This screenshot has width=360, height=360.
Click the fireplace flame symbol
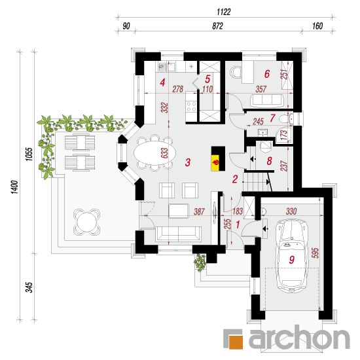pyautogui.click(x=216, y=162)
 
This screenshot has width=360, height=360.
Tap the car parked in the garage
pyautogui.click(x=291, y=256)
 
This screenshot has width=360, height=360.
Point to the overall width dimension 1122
pyautogui.click(x=223, y=12)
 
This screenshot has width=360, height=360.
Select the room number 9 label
pyautogui.click(x=291, y=260)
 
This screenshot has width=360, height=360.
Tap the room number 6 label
pyautogui.click(x=267, y=74)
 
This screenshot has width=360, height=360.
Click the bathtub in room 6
pyautogui.click(x=266, y=100)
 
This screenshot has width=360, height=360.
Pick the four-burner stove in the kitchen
pyautogui.click(x=191, y=106)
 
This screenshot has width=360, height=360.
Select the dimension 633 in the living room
pyautogui.click(x=164, y=153)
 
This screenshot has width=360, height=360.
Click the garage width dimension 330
pyautogui.click(x=291, y=211)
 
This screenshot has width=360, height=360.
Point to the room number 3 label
pyautogui.click(x=188, y=162)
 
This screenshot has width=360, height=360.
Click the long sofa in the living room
pyautogui.click(x=179, y=234)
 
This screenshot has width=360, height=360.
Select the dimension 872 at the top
pyautogui.click(x=217, y=26)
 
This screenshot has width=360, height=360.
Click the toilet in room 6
pyautogui.click(x=236, y=71)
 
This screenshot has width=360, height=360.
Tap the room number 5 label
pyautogui.click(x=207, y=79)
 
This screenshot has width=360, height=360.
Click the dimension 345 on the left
pyautogui.click(x=29, y=287)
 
